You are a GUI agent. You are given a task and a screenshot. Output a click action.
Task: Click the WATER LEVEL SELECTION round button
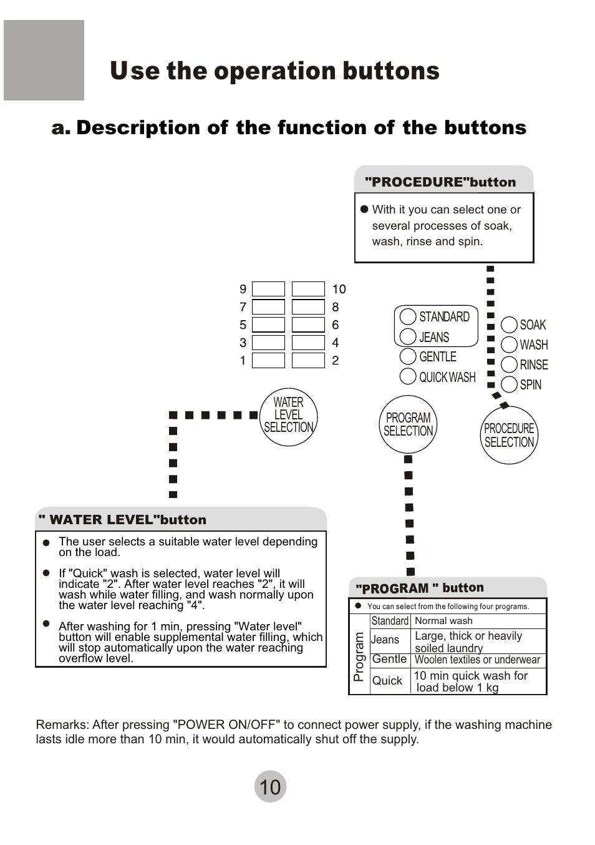[x=288, y=416]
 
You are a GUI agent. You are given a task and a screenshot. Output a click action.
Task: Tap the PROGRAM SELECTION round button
[x=408, y=424]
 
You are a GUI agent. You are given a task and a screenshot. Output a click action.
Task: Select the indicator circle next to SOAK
[x=510, y=325]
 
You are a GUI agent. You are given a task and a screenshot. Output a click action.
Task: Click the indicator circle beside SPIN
[x=510, y=384]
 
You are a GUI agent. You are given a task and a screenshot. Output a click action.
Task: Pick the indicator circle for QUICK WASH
[x=408, y=376]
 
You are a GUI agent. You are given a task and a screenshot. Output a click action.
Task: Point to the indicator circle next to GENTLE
[x=408, y=356]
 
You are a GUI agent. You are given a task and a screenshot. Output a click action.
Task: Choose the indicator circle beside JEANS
[x=408, y=336]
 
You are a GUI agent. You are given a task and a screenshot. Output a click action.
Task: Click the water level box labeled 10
[x=308, y=289]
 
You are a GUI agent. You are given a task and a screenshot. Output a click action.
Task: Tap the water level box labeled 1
[x=268, y=361]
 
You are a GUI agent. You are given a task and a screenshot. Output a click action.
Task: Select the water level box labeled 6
[x=308, y=325]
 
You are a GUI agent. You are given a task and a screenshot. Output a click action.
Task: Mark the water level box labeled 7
[x=268, y=307]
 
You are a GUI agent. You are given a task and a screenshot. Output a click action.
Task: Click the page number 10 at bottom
[x=270, y=787]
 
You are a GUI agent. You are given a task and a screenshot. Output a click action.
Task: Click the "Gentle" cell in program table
[x=389, y=659]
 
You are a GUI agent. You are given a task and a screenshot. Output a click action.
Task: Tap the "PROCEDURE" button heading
[x=440, y=182]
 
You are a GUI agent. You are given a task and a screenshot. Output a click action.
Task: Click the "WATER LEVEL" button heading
[x=122, y=520]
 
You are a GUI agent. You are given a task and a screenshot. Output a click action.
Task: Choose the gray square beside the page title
[x=44, y=61]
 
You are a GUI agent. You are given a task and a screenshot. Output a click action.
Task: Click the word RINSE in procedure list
[x=534, y=364]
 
